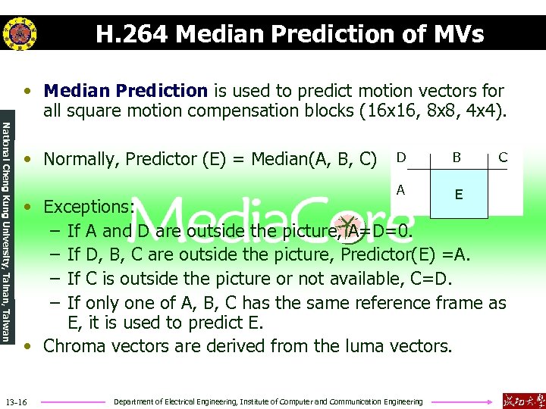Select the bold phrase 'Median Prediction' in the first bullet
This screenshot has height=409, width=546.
[126, 92]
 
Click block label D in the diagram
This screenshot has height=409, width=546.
[400, 158]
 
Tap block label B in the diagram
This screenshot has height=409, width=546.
[457, 158]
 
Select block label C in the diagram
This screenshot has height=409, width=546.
[502, 158]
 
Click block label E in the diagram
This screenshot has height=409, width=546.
[459, 195]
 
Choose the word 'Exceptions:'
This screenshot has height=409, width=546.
[89, 207]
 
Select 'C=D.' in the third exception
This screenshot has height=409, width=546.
[431, 279]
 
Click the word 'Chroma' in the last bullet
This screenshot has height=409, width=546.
[74, 347]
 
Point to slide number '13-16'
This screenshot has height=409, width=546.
[16, 401]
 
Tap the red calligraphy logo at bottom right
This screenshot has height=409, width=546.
[522, 400]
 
